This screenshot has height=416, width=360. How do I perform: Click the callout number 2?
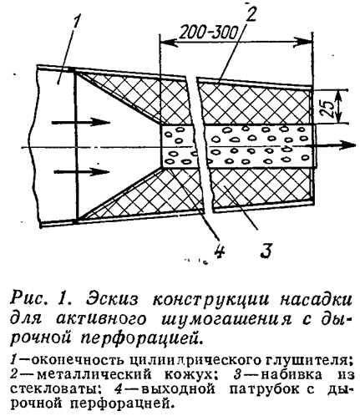point(250,13)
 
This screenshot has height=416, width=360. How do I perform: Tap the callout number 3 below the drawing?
point(265,251)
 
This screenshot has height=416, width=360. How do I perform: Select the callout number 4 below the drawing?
point(221,251)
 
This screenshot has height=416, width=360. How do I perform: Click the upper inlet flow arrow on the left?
point(81,123)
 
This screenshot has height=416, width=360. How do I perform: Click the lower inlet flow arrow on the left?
point(81,171)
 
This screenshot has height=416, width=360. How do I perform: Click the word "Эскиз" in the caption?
point(112,301)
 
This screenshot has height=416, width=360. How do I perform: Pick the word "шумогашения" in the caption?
point(227,320)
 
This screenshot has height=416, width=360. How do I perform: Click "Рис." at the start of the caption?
point(28,301)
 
